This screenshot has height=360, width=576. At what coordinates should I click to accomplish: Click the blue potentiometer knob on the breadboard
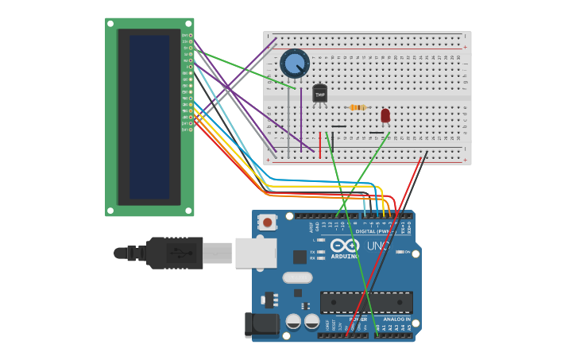(294, 63)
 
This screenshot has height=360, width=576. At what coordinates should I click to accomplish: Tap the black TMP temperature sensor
(319, 94)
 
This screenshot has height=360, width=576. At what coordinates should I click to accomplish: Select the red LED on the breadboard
(385, 115)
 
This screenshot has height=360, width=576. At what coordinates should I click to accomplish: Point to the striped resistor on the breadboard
(358, 107)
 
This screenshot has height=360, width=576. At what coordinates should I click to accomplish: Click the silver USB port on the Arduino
(256, 253)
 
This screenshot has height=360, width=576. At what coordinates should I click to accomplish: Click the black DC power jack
(261, 324)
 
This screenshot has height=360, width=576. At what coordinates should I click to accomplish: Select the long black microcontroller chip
(366, 302)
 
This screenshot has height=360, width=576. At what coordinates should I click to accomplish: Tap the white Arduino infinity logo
(345, 246)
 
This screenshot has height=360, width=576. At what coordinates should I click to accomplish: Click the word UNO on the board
(379, 246)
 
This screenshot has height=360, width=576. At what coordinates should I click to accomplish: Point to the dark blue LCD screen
(149, 117)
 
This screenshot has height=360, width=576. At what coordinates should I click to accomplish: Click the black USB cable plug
(175, 253)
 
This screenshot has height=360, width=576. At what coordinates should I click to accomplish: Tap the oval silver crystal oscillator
(297, 277)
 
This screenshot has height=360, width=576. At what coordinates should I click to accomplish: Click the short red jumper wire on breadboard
(320, 145)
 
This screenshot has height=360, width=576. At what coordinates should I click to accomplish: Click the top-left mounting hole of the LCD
(110, 24)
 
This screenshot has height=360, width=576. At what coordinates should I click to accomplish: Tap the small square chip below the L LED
(300, 257)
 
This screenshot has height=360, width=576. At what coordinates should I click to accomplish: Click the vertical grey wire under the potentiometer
(288, 119)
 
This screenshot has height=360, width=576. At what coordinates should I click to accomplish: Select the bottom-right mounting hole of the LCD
(188, 211)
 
